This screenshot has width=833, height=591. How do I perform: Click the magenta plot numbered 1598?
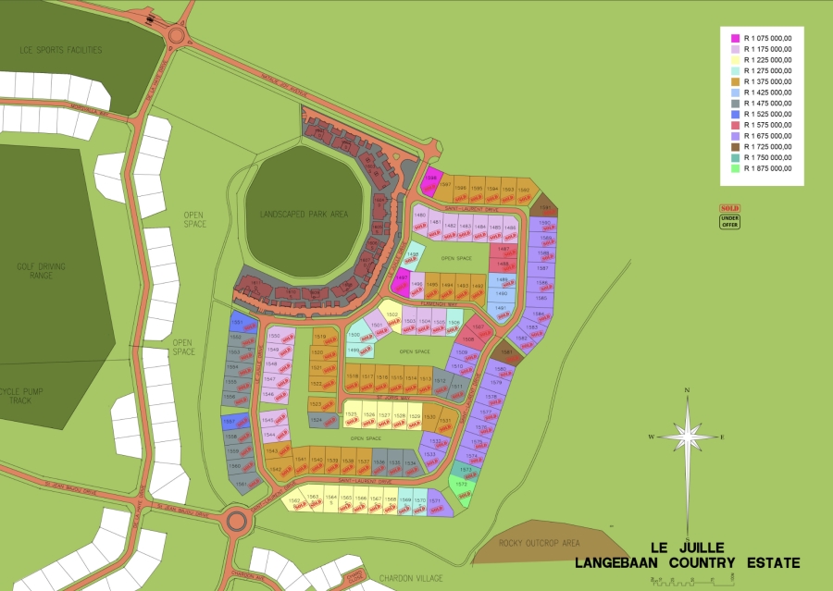(x=431, y=180)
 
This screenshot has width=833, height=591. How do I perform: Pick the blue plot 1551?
(x=236, y=323)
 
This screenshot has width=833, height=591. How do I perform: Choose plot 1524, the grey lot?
(x=317, y=420)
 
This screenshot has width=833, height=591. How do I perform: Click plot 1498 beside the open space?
(x=414, y=256)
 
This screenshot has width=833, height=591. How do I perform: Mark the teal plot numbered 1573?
(x=466, y=470)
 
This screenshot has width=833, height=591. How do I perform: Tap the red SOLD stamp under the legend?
(x=729, y=209)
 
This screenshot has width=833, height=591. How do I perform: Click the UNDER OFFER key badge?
(x=729, y=222)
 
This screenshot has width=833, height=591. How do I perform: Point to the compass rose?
(x=687, y=436)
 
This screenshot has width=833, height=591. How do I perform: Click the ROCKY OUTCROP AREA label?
(x=539, y=543)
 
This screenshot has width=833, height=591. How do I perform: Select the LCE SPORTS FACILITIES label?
(x=60, y=50)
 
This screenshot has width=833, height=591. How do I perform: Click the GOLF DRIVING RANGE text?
(x=41, y=271)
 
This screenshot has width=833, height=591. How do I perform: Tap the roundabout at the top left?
(x=177, y=38)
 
